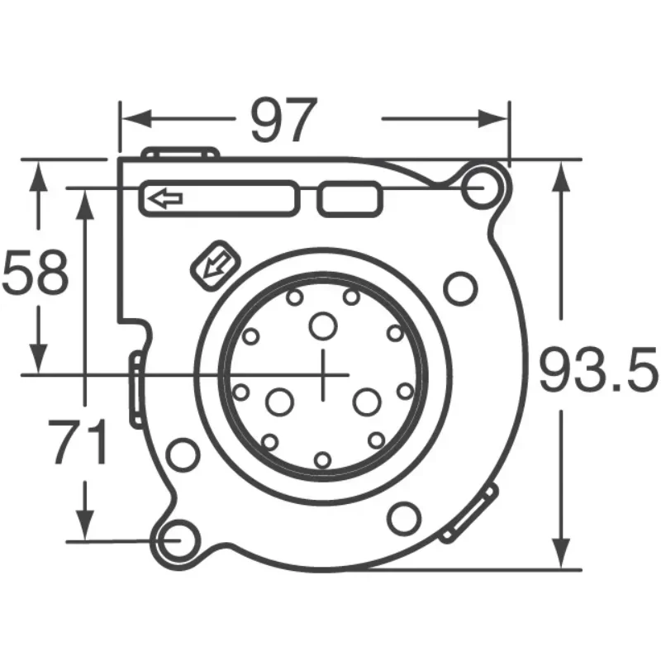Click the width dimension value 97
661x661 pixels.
[283, 121]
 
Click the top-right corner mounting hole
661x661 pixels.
[484, 188]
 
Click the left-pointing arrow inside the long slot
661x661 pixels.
[165, 198]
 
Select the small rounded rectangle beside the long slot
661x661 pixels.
[348, 199]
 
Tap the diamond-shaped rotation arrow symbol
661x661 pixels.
[216, 265]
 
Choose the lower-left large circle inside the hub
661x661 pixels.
[279, 402]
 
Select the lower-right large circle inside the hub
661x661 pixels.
[365, 402]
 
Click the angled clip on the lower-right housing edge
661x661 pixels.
[469, 515]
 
